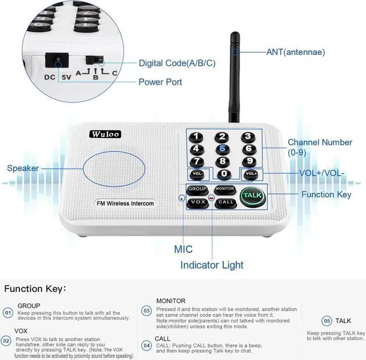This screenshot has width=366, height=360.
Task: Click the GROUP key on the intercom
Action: click(x=198, y=189)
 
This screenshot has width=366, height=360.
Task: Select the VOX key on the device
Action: click(x=198, y=202)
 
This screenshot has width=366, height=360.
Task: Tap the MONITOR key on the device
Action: click(x=225, y=189)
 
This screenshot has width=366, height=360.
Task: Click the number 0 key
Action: click(x=224, y=173)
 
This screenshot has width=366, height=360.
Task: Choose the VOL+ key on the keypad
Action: click(x=250, y=173)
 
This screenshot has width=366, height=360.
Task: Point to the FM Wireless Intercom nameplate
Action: click(x=125, y=203)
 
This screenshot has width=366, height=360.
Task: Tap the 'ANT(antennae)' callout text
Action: click(x=295, y=52)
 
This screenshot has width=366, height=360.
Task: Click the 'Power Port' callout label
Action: click(x=160, y=82)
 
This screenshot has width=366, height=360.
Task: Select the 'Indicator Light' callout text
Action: click(x=212, y=265)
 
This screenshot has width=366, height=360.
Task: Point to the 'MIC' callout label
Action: click(x=183, y=250)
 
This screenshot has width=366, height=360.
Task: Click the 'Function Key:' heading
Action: click(x=35, y=288)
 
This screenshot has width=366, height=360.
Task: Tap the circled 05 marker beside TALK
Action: click(x=327, y=321)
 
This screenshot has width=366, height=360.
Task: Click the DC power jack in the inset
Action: click(x=57, y=60)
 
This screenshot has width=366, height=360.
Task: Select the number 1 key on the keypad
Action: click(x=197, y=136)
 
